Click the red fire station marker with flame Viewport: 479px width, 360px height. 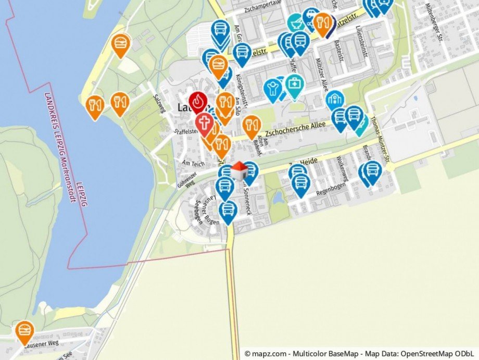click(198, 102)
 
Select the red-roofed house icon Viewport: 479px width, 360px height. click(238, 170)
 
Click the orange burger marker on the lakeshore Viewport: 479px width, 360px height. click(121, 44)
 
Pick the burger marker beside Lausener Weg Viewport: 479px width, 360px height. click(24, 331)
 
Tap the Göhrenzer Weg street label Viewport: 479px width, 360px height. click(185, 180)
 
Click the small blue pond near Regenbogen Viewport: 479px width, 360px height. click(277, 197)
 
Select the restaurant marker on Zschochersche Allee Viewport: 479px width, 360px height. click(251, 126)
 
